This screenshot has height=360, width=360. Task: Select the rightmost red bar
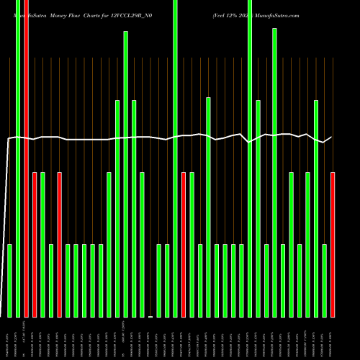click(x=333, y=245)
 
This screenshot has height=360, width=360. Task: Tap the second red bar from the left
click(x=35, y=245)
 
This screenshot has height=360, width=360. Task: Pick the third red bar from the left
click(x=60, y=245)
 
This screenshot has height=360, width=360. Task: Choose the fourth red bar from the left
click(x=184, y=245)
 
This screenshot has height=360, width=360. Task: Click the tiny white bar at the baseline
click(x=150, y=316)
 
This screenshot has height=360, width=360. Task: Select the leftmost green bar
click(x=10, y=281)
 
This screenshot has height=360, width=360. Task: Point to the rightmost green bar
click(x=325, y=281)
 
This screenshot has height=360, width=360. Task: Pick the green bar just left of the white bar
click(x=142, y=245)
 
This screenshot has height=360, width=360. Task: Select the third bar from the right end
click(x=316, y=209)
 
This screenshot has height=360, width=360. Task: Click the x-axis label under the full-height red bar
click(x=26, y=334)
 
